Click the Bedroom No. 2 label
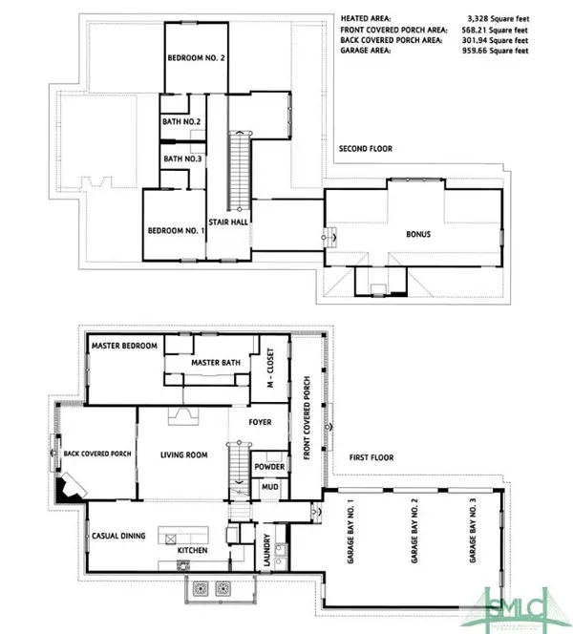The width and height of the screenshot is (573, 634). point(196,58)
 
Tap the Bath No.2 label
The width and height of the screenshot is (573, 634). point(180,121)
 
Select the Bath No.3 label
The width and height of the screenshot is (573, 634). point(181,158)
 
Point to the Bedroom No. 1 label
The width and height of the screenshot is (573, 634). point(176,230)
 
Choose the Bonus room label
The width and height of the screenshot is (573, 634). point(417,232)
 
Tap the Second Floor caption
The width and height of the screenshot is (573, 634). point(366,149)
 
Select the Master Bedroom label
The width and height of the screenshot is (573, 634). point(124,346)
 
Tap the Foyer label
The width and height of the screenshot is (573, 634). point(259,421)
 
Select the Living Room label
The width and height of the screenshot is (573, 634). point(183,455)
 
